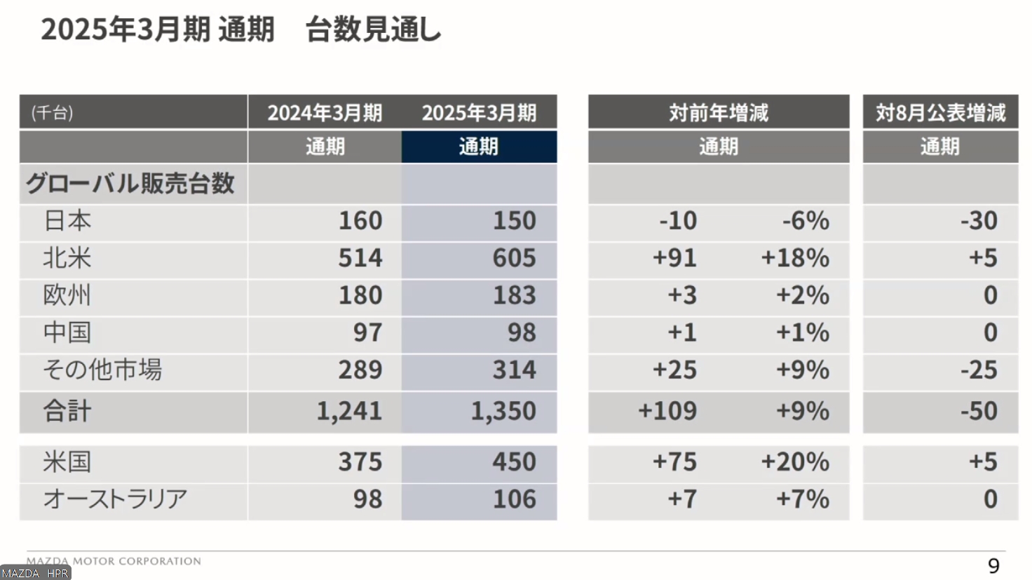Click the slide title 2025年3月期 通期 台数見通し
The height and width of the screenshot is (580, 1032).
(x=240, y=29)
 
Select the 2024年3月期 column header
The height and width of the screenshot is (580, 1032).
(x=325, y=112)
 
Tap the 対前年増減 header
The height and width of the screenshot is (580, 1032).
(x=718, y=112)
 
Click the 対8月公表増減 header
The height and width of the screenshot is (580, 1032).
(x=940, y=112)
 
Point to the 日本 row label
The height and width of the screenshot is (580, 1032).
(x=67, y=221)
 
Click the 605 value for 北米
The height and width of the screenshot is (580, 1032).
(x=514, y=258)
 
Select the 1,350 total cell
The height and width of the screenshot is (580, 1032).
(x=503, y=411)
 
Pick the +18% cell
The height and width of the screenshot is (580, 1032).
(x=795, y=258)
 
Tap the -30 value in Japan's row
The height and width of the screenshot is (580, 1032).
(x=979, y=221)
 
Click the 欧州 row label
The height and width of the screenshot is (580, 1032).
(x=67, y=295)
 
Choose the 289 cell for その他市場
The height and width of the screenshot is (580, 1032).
(x=360, y=370)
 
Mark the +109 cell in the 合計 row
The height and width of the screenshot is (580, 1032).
(x=667, y=411)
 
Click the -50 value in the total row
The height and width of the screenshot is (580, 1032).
(x=979, y=411)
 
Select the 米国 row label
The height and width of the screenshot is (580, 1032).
(x=67, y=462)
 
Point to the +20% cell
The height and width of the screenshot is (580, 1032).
(x=795, y=462)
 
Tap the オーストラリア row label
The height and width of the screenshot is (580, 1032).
(x=115, y=499)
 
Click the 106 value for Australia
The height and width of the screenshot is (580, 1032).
(x=514, y=499)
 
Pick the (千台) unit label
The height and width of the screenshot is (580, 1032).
(x=52, y=112)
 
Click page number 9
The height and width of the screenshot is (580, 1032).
(x=993, y=565)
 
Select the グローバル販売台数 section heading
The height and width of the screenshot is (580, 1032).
(x=130, y=184)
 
